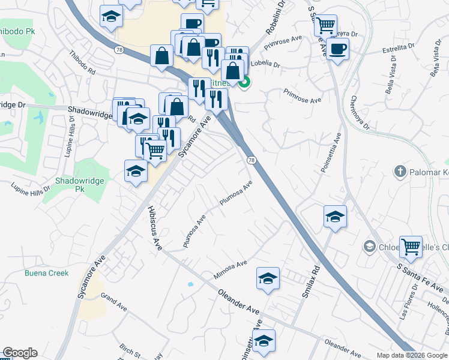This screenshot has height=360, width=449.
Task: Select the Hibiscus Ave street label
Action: pyautogui.click(x=155, y=229)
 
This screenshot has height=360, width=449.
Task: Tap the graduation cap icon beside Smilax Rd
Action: pyautogui.click(x=335, y=217)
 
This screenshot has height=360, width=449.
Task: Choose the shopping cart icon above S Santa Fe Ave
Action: pyautogui.click(x=411, y=245)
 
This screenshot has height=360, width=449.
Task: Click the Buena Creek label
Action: pyautogui.click(x=46, y=273)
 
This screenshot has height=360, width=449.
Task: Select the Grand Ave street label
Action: pyautogui.click(x=114, y=301)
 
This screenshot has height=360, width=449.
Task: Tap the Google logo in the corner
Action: pyautogui.click(x=20, y=353)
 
